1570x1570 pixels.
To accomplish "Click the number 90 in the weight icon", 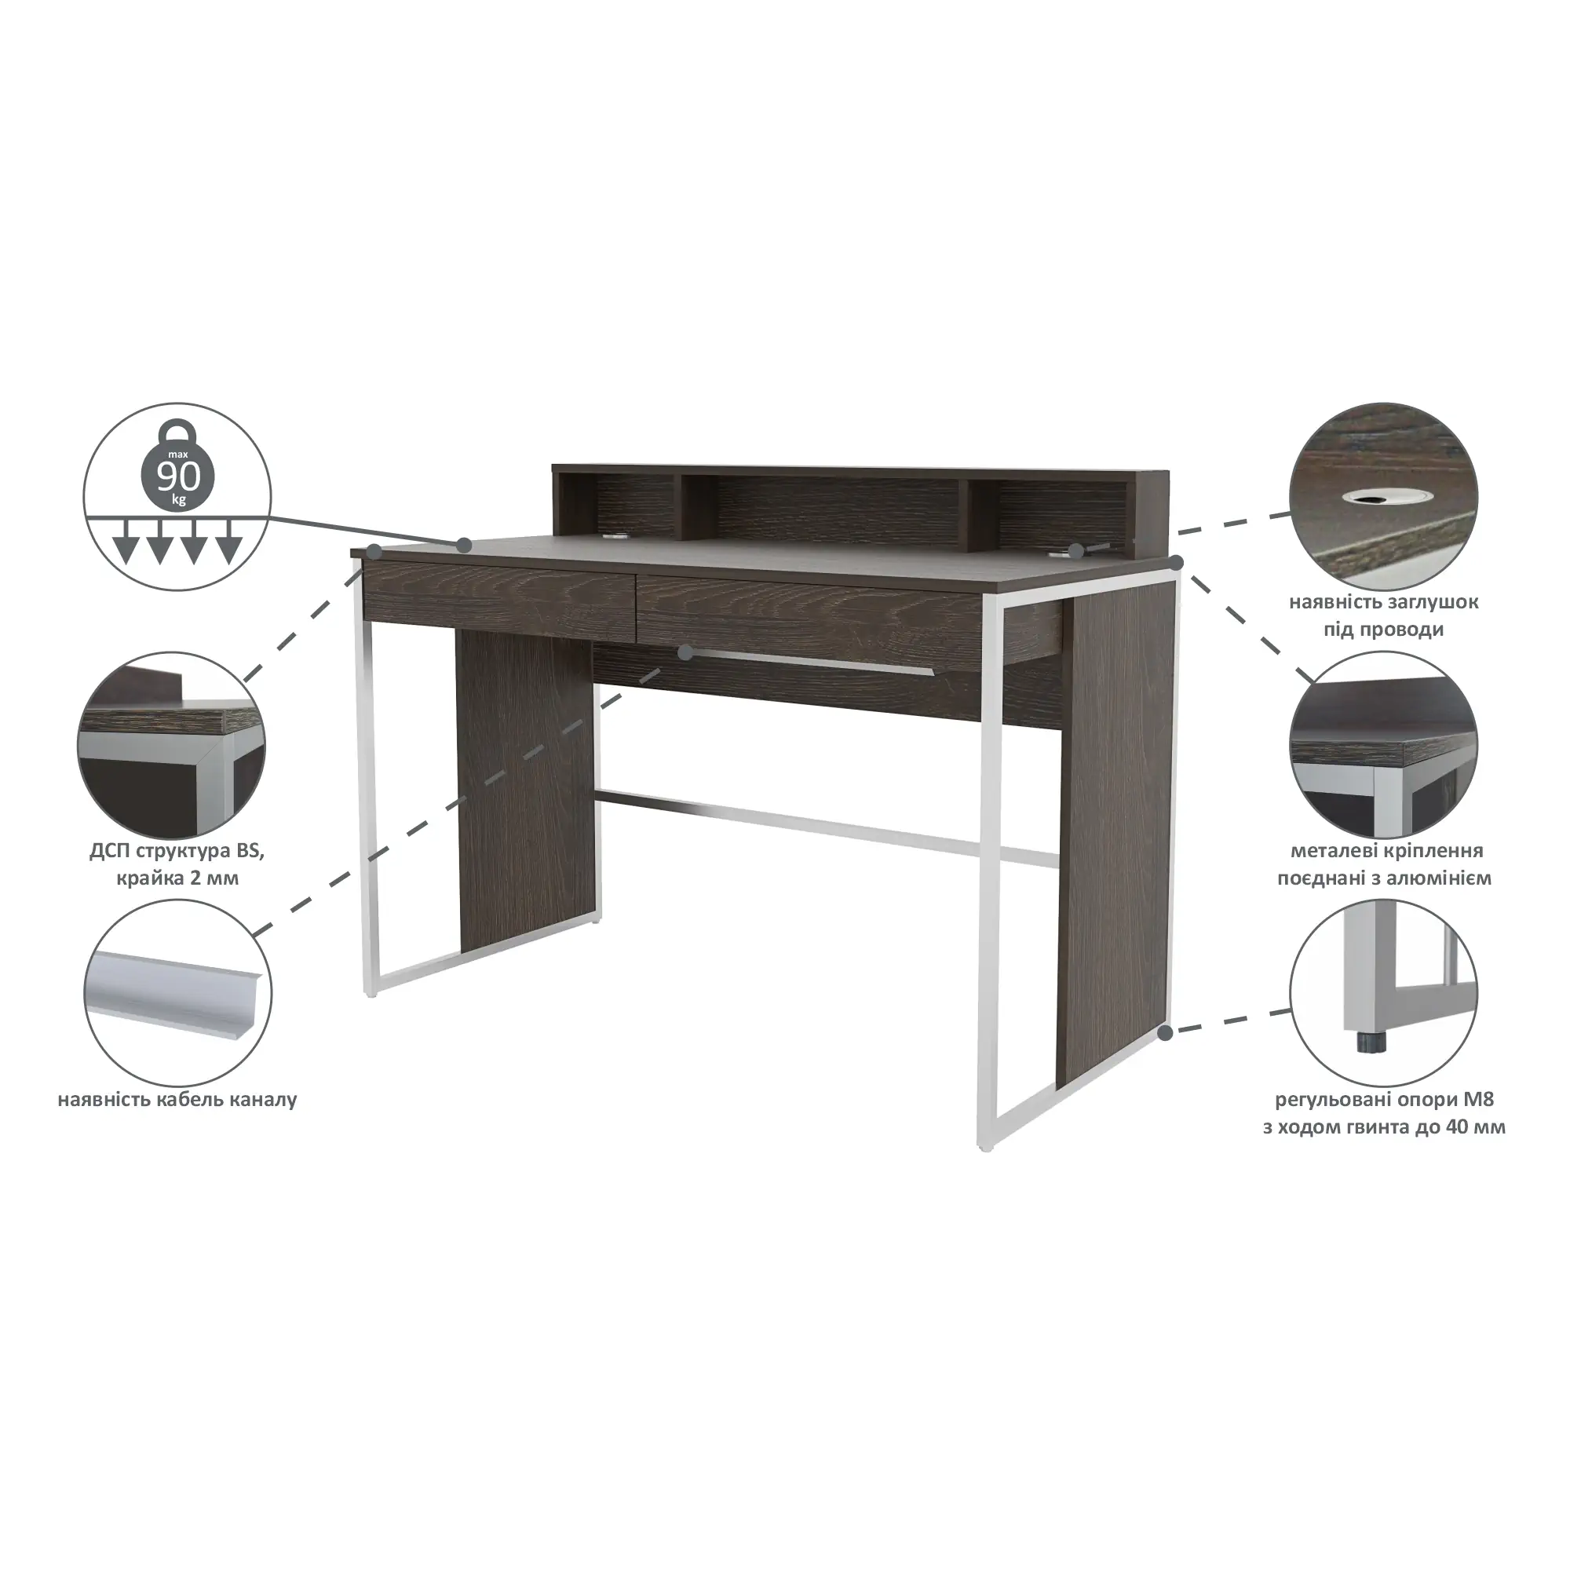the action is coord(179,477).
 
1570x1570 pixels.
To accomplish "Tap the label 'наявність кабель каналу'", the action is coord(177,1101).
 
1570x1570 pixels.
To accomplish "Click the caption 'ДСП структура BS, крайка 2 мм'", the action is coord(177,864).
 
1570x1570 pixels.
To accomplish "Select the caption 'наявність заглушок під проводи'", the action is coord(1383,615).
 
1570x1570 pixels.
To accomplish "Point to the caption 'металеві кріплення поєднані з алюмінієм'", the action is coord(1384,863).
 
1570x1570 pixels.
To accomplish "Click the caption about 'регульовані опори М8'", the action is coord(1384,1113).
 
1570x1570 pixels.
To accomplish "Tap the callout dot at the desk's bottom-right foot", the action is coord(1165,1033).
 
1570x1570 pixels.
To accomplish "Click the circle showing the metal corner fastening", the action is coord(1383,743).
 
